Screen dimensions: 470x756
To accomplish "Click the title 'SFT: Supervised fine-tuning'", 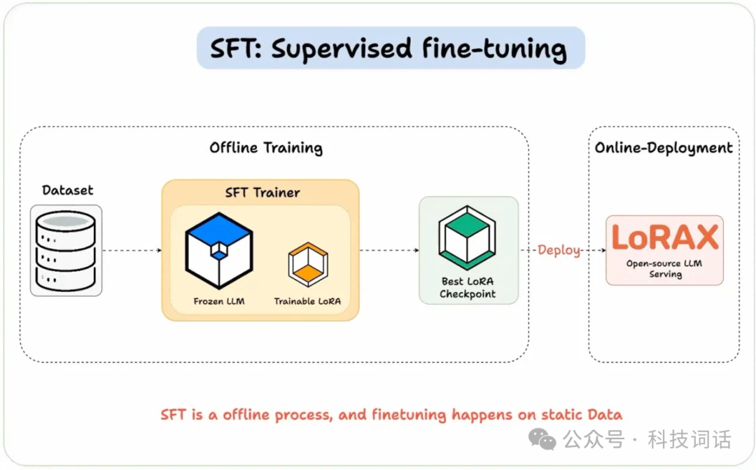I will click(x=389, y=48).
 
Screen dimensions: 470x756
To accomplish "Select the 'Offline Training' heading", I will click(x=266, y=148).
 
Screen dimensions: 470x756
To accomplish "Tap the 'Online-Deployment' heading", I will click(x=664, y=148).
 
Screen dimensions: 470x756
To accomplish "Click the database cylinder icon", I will click(x=66, y=250).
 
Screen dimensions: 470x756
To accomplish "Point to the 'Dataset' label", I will click(x=67, y=190).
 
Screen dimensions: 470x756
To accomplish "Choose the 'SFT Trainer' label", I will click(x=262, y=193).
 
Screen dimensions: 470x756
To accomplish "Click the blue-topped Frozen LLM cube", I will click(x=219, y=249).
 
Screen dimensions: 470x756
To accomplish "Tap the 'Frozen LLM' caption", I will click(x=219, y=301).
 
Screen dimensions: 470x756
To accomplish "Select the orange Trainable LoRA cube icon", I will click(x=307, y=264).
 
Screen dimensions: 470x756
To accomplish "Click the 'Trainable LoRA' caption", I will click(x=307, y=301).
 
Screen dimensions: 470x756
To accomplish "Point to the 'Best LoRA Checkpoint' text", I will click(x=468, y=288).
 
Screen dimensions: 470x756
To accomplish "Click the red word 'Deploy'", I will click(x=559, y=250).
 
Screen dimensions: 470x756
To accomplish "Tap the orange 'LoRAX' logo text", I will click(x=664, y=237).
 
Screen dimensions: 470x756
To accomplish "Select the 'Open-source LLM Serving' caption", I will click(x=664, y=269).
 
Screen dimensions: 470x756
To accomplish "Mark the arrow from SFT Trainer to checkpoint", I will click(x=388, y=250).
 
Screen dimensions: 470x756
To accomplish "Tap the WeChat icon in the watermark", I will click(x=542, y=439).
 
